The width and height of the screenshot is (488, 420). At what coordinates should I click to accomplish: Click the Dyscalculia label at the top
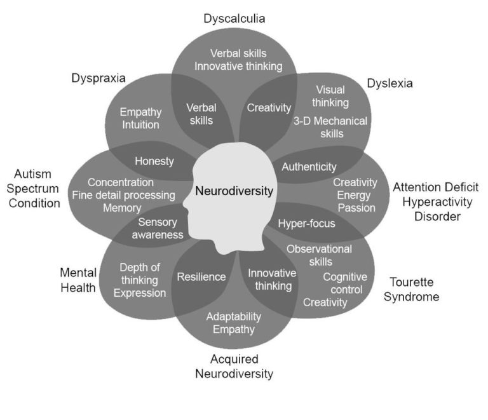(x=234, y=18)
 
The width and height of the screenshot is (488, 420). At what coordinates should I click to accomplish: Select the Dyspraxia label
(x=98, y=78)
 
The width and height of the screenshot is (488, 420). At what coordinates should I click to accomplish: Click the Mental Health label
(x=78, y=280)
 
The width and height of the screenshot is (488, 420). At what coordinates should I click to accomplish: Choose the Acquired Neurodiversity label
(x=234, y=367)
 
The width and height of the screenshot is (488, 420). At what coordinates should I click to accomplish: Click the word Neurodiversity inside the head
(x=234, y=191)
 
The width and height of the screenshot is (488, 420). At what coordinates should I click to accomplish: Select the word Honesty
(x=154, y=161)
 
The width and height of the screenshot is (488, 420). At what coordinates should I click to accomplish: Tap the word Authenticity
(x=309, y=167)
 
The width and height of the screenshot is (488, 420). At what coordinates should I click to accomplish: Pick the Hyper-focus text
(x=306, y=224)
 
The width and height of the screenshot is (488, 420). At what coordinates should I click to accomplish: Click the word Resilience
(x=201, y=277)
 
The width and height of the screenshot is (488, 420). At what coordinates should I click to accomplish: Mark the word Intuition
(x=140, y=125)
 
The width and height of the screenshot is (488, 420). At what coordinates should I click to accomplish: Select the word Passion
(x=356, y=208)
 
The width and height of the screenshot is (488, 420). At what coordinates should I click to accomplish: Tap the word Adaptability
(x=234, y=316)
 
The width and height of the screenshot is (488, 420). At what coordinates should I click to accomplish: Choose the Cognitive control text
(x=344, y=283)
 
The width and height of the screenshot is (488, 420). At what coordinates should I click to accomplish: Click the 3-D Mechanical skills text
(x=330, y=127)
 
